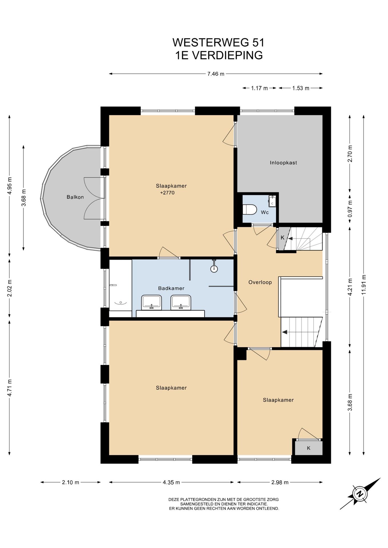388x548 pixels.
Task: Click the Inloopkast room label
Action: click(x=283, y=163)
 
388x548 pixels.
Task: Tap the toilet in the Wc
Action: click(x=249, y=209)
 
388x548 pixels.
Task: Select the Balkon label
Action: click(x=75, y=197)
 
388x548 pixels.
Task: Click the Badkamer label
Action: click(x=171, y=288)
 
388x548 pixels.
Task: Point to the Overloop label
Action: click(x=260, y=282)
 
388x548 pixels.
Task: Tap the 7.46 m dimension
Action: click(x=216, y=74)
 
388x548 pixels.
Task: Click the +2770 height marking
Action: click(x=167, y=193)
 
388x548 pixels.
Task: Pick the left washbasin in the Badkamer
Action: click(x=151, y=303)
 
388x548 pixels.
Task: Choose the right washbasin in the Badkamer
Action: click(x=181, y=303)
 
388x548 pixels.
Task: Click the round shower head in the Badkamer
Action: click(x=214, y=268)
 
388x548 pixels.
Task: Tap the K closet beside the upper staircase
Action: click(x=282, y=237)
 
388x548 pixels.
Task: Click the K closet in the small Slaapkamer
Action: click(x=309, y=448)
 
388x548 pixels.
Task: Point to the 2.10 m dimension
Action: click(x=71, y=482)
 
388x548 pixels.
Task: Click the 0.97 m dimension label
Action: click(x=350, y=208)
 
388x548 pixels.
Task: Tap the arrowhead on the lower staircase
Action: click(x=285, y=332)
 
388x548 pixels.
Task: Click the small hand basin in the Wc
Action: click(x=272, y=201)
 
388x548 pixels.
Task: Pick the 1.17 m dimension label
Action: click(x=259, y=88)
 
